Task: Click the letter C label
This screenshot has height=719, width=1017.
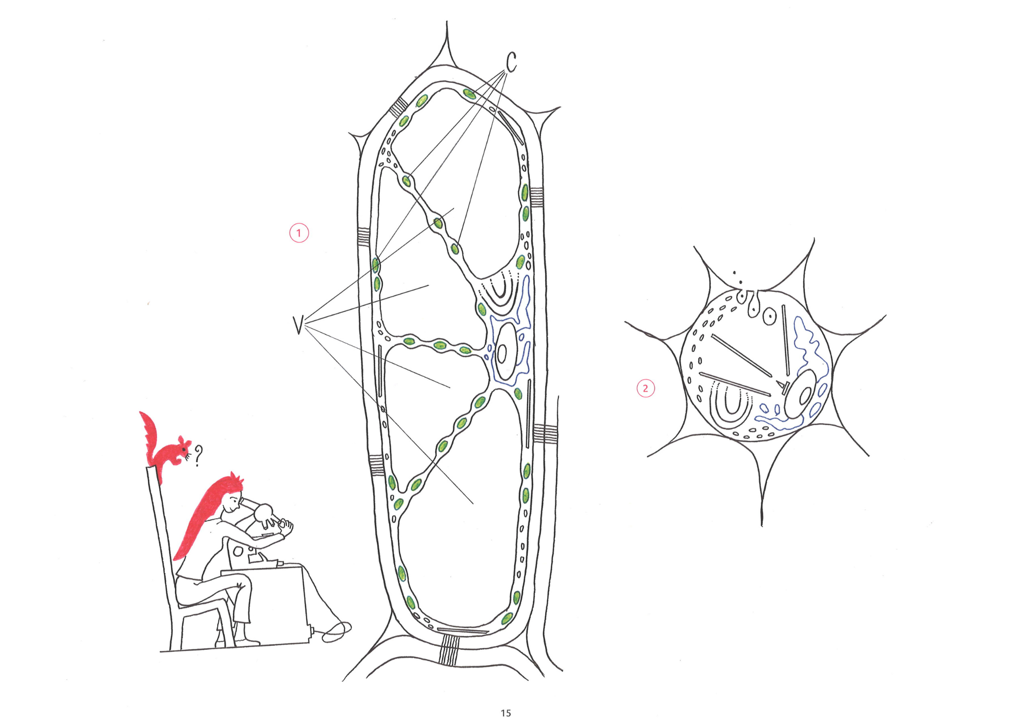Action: pos(511,63)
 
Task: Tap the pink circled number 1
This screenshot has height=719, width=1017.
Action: pos(299,233)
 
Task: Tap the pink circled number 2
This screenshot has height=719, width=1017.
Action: pos(646,388)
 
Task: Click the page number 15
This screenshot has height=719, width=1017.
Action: pos(505,713)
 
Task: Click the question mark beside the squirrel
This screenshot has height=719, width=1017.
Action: pos(198,456)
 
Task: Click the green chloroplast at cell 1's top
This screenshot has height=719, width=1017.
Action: pos(469,94)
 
